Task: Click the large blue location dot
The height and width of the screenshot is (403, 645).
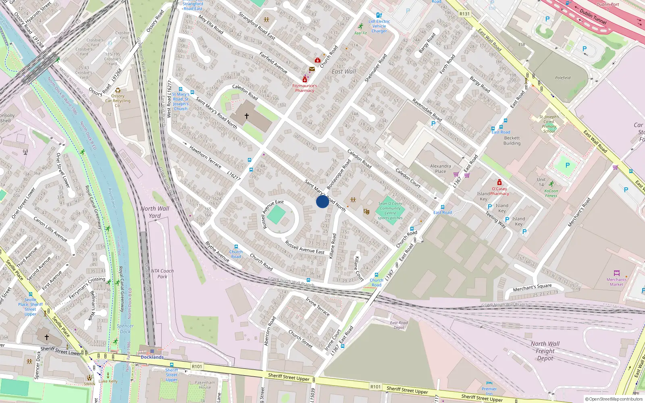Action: [322, 201]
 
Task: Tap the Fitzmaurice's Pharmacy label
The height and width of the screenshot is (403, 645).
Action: [304, 88]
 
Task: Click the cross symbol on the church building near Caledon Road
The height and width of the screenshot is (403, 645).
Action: [246, 116]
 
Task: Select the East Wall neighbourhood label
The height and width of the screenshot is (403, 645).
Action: [343, 72]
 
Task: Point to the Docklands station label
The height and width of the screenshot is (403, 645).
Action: [152, 357]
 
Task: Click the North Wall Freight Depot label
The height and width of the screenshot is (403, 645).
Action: [545, 351]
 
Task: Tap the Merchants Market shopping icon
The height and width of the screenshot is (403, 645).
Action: [616, 273]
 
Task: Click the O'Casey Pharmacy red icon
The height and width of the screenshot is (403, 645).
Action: [499, 182]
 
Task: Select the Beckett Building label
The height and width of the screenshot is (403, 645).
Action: [512, 140]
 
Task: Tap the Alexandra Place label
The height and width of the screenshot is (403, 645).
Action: [440, 168]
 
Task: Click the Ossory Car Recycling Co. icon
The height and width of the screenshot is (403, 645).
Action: [118, 90]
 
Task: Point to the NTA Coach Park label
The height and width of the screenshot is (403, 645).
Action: [162, 274]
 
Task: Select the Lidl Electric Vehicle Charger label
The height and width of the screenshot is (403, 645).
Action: [379, 26]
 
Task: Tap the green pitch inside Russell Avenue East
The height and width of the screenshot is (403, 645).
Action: [276, 214]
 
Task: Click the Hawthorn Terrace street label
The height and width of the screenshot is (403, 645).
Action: [205, 157]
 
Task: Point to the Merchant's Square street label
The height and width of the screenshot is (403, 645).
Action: [532, 287]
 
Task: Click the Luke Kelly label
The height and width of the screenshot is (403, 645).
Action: [108, 381]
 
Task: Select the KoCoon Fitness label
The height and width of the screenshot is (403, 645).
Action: [551, 193]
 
